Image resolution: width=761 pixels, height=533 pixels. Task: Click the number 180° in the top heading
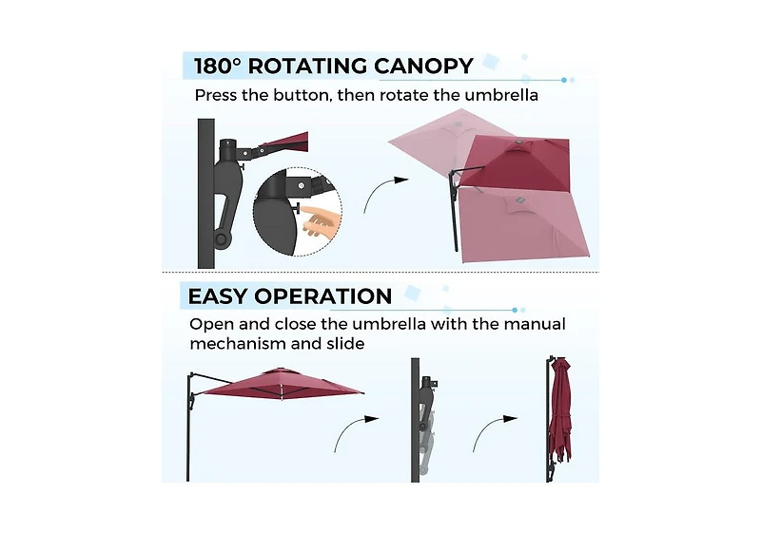pyautogui.click(x=218, y=66)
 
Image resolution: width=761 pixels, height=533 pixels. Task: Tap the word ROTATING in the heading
pyautogui.click(x=307, y=66)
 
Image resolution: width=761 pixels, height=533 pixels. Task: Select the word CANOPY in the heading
pyautogui.click(x=423, y=66)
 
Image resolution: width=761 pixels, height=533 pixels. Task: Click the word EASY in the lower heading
pyautogui.click(x=218, y=296)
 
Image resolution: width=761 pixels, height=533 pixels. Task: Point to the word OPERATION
pyautogui.click(x=323, y=296)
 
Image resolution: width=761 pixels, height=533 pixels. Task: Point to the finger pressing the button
pyautogui.click(x=318, y=220)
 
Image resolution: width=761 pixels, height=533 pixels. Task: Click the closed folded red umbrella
pyautogui.click(x=560, y=417)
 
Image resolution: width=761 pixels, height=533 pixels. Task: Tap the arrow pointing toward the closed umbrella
pyautogui.click(x=492, y=430)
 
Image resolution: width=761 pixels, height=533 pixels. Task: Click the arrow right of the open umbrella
pyautogui.click(x=354, y=430)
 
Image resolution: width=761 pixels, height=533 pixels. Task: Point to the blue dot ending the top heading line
pyautogui.click(x=564, y=80)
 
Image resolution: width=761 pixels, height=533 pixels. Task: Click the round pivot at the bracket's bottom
pyautogui.click(x=221, y=238)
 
